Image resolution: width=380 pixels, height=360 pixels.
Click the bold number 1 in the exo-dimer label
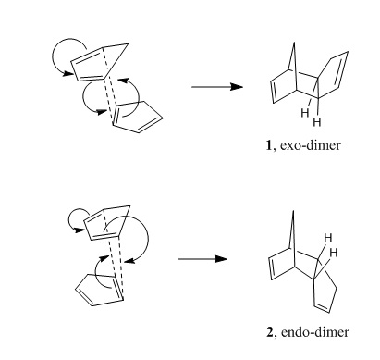click(x=269, y=145)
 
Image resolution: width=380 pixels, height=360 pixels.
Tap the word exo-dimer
click(x=311, y=145)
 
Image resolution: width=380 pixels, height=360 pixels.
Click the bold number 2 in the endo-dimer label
click(x=270, y=332)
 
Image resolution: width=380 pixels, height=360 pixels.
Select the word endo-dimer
click(x=315, y=332)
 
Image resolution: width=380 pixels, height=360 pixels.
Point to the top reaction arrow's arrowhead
click(x=237, y=87)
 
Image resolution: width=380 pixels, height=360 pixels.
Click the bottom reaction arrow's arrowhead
click(x=221, y=259)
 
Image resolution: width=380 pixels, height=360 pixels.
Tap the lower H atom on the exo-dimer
click(x=317, y=122)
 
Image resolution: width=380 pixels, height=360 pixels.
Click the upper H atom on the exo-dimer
click(x=305, y=113)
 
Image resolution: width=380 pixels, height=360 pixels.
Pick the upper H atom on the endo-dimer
click(x=328, y=238)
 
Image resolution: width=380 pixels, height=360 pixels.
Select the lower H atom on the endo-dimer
click(x=334, y=253)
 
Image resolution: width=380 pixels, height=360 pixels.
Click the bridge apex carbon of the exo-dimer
click(x=294, y=43)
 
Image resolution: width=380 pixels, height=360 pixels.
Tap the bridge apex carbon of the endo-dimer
click(x=293, y=211)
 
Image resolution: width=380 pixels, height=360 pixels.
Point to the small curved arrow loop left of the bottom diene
click(x=76, y=210)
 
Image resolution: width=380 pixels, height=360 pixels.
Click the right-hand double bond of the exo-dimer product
click(x=342, y=69)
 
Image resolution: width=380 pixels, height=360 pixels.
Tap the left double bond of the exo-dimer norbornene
click(x=273, y=92)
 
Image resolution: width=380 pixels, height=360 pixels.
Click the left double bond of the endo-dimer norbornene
click(x=271, y=268)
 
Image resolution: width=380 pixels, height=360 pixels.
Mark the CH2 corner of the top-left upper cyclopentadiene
click(x=128, y=44)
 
